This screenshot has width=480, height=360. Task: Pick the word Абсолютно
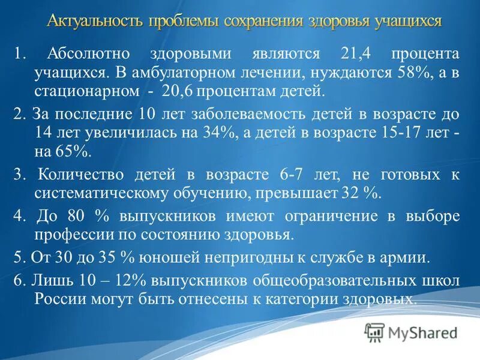[x=87, y=54]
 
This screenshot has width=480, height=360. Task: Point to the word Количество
[x=83, y=175]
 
